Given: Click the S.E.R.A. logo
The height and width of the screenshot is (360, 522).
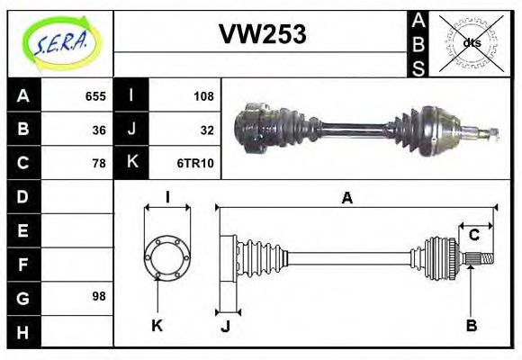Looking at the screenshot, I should click(59, 42).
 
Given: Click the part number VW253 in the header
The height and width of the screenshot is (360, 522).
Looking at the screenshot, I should click(263, 33).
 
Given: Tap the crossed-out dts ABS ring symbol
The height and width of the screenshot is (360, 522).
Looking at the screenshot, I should click(471, 42).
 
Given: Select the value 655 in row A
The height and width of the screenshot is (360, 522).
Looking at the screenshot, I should click(95, 95).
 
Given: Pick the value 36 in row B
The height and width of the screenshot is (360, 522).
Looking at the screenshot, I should click(99, 129).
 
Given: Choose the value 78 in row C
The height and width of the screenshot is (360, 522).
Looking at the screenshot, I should click(99, 163).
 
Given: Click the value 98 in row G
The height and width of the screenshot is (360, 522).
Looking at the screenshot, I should click(99, 296).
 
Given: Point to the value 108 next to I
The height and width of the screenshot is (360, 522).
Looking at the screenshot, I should click(203, 95).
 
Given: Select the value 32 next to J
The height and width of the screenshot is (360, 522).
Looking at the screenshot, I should click(207, 129).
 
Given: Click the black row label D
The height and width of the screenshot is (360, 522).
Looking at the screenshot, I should click(23, 196).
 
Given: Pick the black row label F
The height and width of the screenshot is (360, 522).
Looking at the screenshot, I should click(23, 264).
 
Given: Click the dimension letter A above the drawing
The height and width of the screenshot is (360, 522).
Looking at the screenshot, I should click(346, 199).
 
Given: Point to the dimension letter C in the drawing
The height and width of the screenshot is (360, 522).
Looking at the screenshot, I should click(473, 236).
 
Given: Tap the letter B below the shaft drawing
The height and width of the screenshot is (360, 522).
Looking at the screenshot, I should click(471, 326).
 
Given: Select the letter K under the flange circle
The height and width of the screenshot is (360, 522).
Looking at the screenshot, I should click(157, 326).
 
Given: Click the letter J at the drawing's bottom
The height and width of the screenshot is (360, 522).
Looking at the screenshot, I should click(225, 326).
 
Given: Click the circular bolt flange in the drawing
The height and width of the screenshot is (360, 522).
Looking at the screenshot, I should click(167, 257).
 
